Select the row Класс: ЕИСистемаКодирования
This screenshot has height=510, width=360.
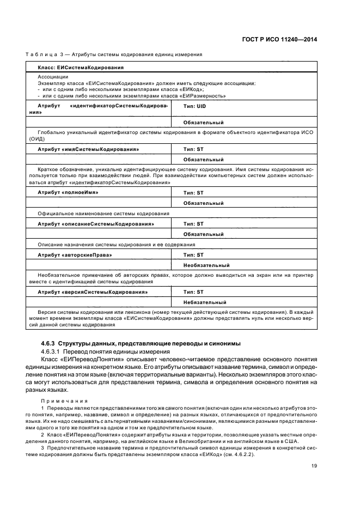(80, 68)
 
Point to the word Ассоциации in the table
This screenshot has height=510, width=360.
(50, 77)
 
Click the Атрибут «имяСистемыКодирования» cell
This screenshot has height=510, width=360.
(88, 149)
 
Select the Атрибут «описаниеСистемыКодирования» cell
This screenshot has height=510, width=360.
(95, 224)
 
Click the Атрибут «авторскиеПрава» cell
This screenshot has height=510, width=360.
(74, 255)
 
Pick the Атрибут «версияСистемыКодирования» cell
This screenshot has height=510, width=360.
(93, 292)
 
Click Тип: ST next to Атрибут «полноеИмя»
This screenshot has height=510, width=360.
(193, 193)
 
